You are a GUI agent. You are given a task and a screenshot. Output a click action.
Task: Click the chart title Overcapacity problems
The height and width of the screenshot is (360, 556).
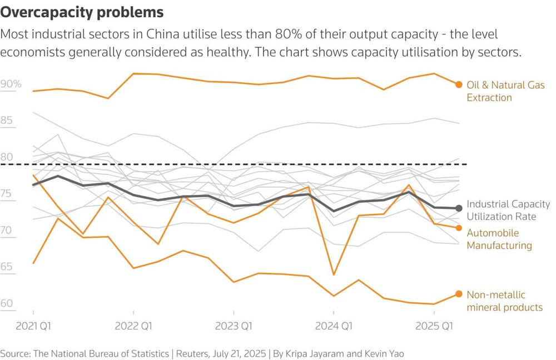pos(82,12)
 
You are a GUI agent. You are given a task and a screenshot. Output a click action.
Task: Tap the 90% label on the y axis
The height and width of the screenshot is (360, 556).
pos(11,84)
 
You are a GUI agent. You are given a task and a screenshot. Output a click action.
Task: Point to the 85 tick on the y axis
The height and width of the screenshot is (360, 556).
pos(7,121)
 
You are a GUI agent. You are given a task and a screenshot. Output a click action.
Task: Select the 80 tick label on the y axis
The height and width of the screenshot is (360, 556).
pos(7,157)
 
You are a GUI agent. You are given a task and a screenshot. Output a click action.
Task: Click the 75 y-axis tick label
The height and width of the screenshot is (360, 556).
pos(7,194)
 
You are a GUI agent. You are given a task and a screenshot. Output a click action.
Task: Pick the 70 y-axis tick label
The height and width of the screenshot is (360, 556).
pos(7,230)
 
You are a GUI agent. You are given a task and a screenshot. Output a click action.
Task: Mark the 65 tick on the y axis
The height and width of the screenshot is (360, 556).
pos(7,267)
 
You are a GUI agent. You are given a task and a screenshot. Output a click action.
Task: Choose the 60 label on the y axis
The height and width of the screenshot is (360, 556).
pos(7,303)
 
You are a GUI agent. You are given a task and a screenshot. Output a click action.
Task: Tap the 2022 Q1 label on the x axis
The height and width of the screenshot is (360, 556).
pos(133,325)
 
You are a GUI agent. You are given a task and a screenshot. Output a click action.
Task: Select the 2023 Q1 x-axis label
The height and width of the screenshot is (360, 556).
pos(234,325)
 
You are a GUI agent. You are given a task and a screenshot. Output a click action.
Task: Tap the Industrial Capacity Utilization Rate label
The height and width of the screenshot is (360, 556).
pos(508,210)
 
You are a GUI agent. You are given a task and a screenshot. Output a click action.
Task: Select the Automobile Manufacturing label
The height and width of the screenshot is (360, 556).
pos(499,239)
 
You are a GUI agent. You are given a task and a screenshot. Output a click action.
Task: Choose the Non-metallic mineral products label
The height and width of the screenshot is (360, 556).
pos(504,301)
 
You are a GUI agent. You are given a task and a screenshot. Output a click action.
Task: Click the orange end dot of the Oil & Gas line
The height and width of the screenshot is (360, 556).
pos(459,84)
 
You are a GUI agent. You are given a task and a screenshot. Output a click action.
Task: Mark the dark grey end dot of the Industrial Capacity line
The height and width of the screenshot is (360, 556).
pos(459,208)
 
